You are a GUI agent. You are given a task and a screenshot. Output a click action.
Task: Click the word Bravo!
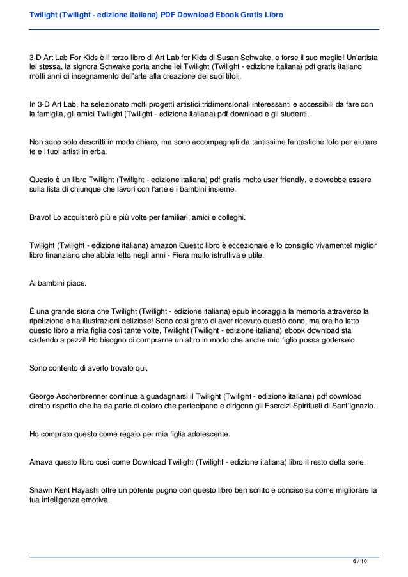click(42, 218)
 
